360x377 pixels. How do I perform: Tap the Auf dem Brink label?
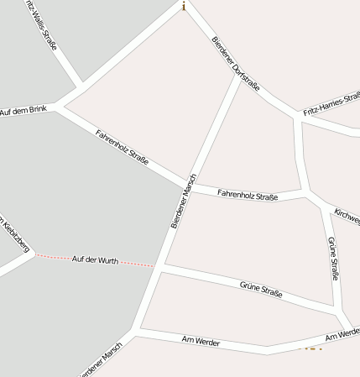pyautogui.click(x=23, y=111)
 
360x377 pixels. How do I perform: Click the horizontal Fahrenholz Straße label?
pyautogui.click(x=248, y=195)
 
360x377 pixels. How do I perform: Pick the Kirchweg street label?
pyautogui.click(x=347, y=215)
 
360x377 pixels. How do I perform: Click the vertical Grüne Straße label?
pyautogui.click(x=333, y=259)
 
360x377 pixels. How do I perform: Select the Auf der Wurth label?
pyautogui.click(x=95, y=260)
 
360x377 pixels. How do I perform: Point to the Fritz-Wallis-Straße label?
pyautogui.click(x=41, y=25)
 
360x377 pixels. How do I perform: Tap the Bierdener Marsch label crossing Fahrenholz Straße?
pyautogui.click(x=183, y=201)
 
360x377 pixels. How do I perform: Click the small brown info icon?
pyautogui.click(x=183, y=6)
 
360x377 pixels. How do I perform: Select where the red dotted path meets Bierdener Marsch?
pyautogui.click(x=158, y=266)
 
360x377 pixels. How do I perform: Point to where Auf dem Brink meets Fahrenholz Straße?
pyautogui.click(x=59, y=107)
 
